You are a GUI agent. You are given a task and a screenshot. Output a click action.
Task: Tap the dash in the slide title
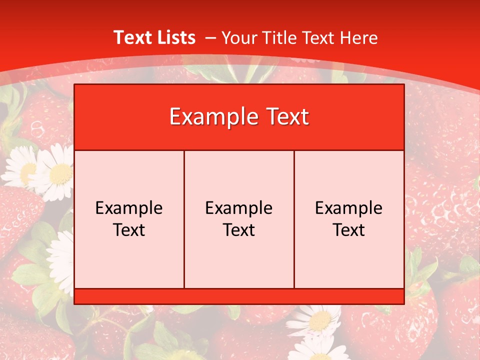[210, 38]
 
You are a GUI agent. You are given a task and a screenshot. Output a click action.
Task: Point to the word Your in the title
[239, 37]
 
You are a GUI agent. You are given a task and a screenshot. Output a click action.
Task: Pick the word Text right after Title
[318, 37]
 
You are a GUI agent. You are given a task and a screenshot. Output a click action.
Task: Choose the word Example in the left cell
[129, 208]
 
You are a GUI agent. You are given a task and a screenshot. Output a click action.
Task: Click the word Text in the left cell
[129, 230]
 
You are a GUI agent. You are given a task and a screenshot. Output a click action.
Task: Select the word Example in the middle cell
[239, 208]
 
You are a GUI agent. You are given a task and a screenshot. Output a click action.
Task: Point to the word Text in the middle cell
[239, 230]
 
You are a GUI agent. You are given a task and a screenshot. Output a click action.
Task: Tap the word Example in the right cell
[349, 208]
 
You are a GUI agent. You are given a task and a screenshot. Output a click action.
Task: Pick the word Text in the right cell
[349, 230]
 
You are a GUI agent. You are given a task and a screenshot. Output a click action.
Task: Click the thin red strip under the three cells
[239, 296]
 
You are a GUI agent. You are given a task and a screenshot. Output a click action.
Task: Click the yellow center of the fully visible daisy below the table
[319, 320]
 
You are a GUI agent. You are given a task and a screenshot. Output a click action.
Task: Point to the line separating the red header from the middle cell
[239, 150]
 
